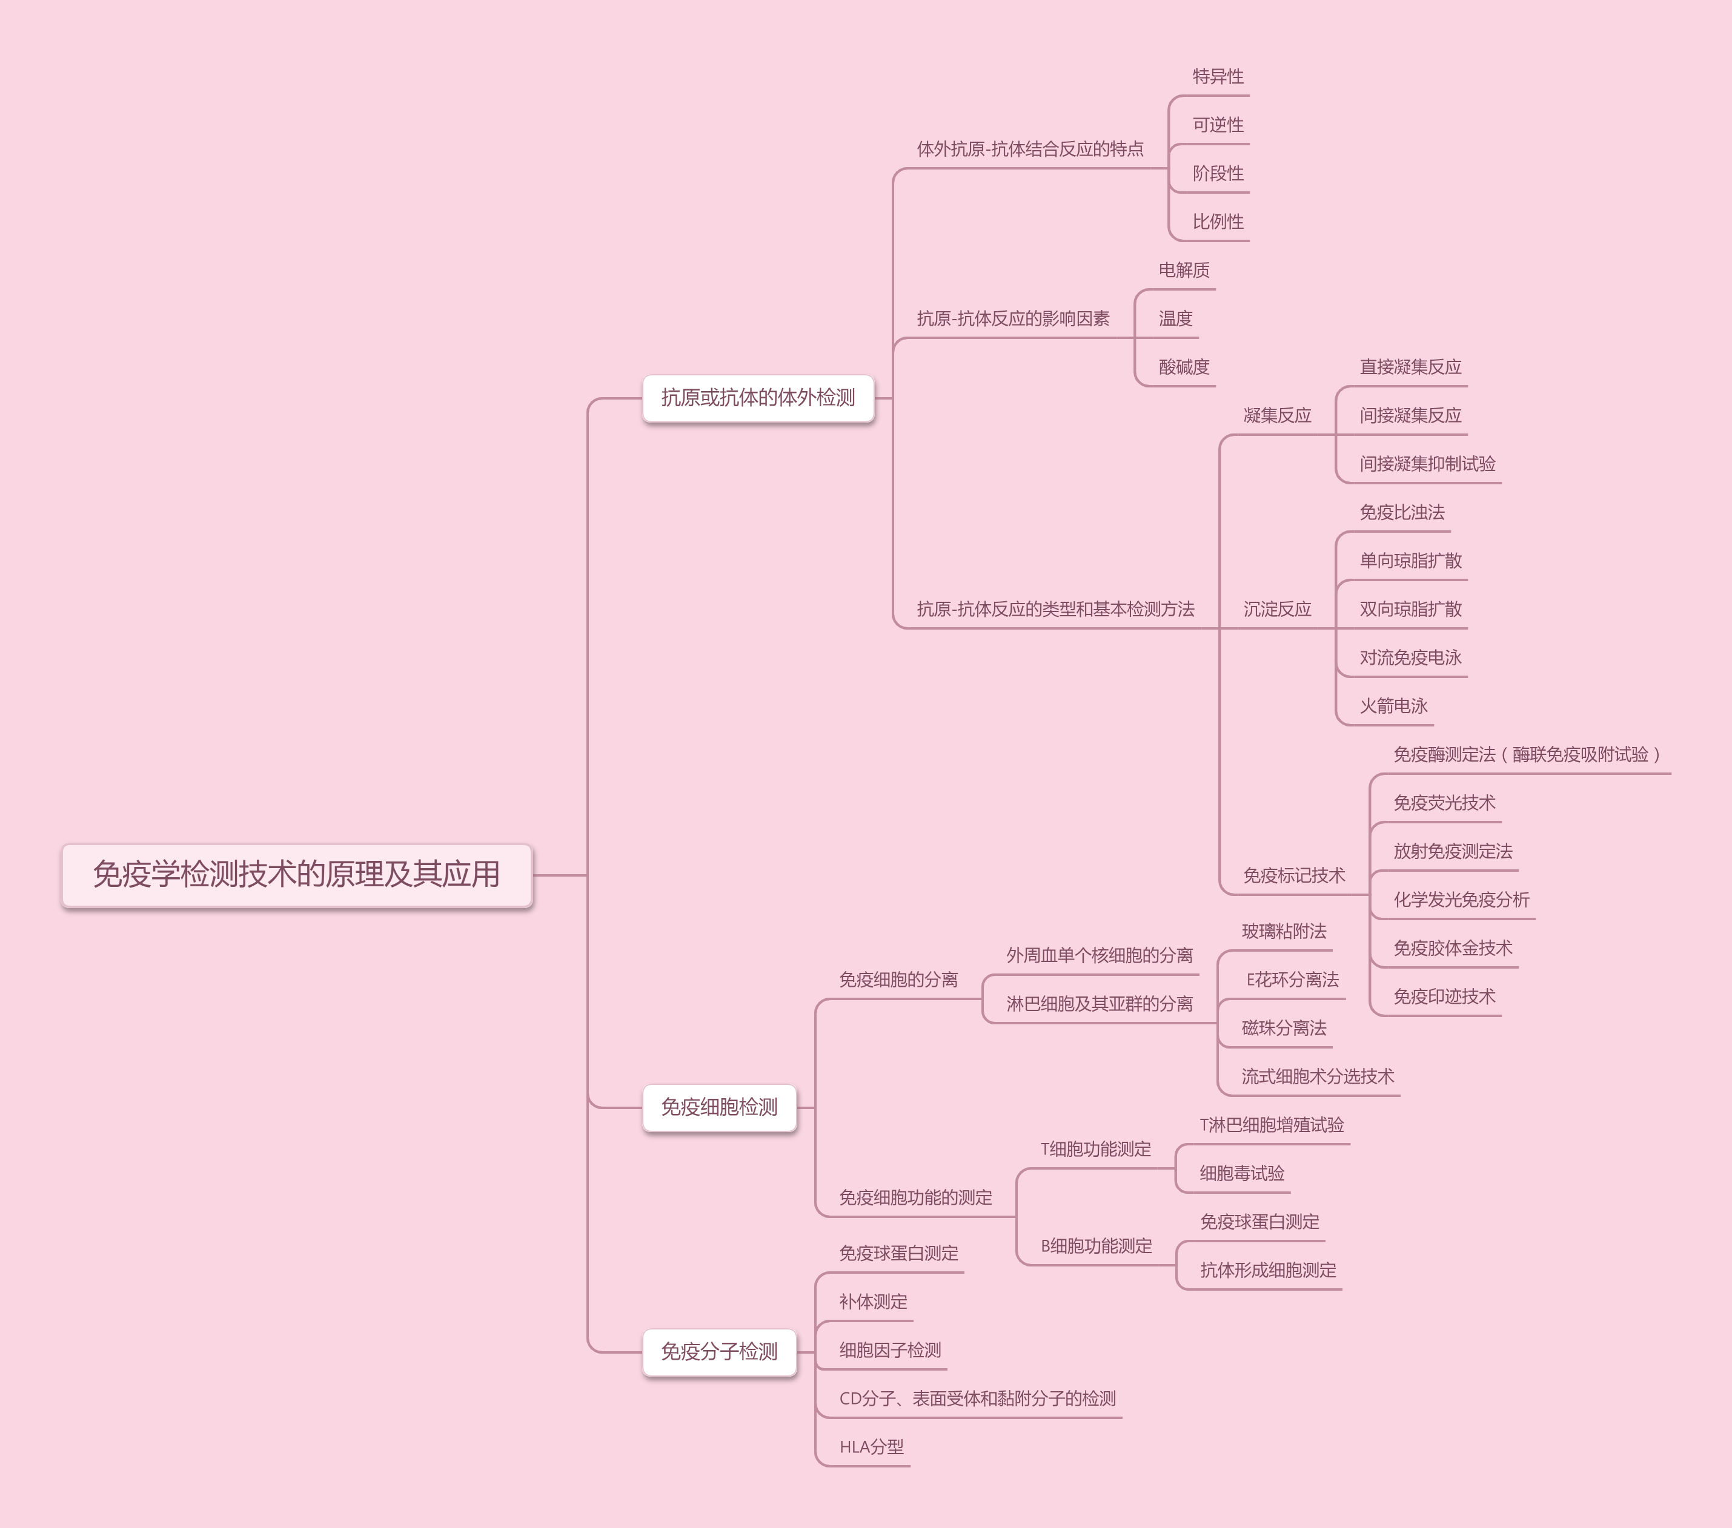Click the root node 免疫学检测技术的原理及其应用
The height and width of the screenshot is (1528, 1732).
coord(297,875)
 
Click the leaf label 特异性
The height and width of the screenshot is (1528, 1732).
coord(1218,77)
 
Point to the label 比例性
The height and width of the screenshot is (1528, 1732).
coord(1218,222)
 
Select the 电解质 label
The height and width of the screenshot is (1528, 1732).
coord(1184,270)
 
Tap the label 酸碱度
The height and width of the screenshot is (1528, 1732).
coord(1184,367)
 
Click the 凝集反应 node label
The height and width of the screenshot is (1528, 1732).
coord(1277,416)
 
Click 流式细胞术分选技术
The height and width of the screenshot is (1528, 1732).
coord(1318,1076)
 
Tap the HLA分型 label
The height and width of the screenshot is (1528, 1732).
coord(871,1447)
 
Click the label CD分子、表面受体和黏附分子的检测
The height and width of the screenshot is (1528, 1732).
coord(977,1399)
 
